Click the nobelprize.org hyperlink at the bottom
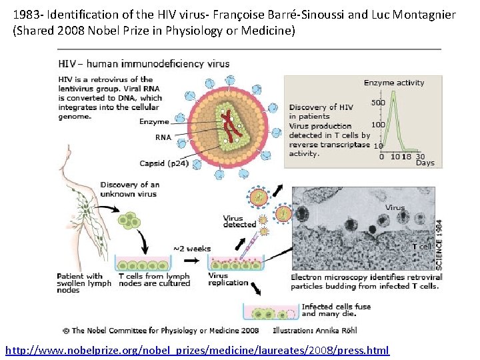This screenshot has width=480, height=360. (x=197, y=351)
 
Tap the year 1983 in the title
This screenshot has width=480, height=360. (x=26, y=14)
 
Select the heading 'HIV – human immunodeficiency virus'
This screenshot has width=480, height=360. (x=144, y=64)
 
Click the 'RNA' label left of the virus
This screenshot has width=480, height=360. (x=163, y=137)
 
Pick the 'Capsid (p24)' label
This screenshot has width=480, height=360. (x=164, y=163)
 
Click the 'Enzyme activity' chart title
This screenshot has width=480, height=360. (x=393, y=83)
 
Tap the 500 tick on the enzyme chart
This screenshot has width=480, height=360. (x=378, y=103)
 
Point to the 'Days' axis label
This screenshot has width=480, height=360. (x=425, y=163)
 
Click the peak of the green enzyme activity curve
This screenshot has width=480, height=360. (x=394, y=94)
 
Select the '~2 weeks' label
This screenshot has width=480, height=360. (x=192, y=249)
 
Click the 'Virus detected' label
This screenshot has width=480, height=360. (x=239, y=221)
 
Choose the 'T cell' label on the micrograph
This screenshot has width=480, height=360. (x=422, y=247)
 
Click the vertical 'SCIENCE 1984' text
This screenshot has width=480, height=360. (x=438, y=243)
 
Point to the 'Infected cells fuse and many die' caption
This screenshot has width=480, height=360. (x=336, y=311)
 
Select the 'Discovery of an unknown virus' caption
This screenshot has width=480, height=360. (x=130, y=189)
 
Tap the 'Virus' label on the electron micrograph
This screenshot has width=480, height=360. (x=395, y=207)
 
